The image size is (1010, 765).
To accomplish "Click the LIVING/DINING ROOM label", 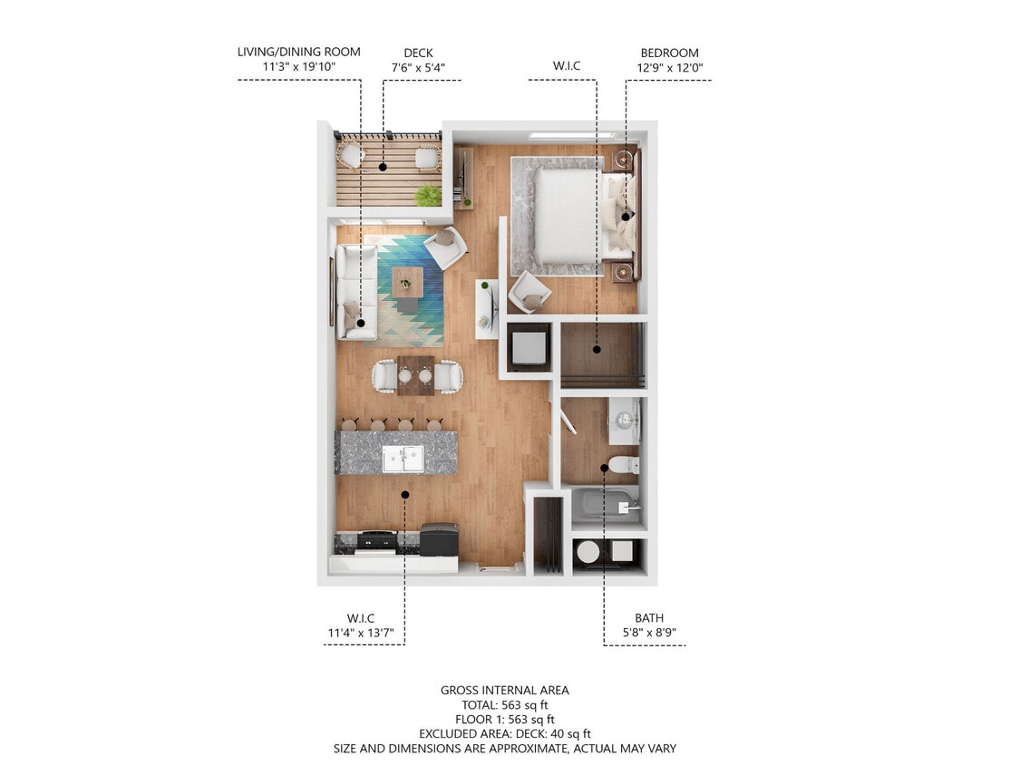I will [298, 53].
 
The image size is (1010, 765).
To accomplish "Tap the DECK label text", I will [417, 53].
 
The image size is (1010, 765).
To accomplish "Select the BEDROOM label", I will [669, 53].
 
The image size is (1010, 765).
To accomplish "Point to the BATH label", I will [648, 618].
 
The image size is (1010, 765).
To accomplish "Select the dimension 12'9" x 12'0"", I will [669, 68].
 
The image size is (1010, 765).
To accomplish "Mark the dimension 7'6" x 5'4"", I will [417, 68].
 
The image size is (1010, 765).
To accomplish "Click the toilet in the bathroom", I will [624, 466].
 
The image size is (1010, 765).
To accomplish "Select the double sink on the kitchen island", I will [402, 459].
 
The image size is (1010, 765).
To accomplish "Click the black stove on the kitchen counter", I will [376, 541].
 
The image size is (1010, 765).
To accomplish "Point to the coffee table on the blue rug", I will [407, 281].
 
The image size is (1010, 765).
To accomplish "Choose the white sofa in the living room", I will [356, 292].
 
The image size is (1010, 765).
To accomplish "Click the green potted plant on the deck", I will [428, 195].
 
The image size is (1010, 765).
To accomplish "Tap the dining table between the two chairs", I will [415, 374].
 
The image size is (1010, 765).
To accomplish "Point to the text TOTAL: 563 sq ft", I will [504, 704].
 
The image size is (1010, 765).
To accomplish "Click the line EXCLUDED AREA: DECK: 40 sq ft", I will [504, 733].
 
